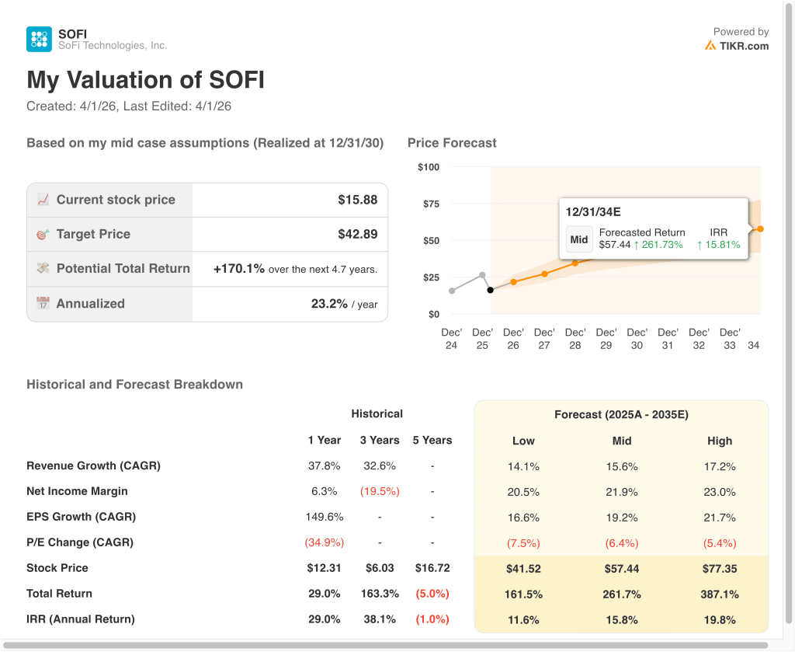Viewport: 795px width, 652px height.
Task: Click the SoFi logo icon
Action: [x=39, y=39]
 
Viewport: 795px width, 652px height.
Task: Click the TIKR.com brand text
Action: [x=744, y=46]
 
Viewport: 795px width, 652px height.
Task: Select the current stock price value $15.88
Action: [x=357, y=200]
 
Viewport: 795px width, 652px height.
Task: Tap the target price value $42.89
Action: [x=357, y=234]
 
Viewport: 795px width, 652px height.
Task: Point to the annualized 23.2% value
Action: [x=329, y=304]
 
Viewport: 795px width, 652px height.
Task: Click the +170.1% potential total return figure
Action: [x=239, y=269]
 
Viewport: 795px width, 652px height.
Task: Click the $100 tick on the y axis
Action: [x=428, y=167]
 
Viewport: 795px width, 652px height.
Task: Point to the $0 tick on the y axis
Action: [x=432, y=314]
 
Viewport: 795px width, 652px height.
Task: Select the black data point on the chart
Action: [x=490, y=290]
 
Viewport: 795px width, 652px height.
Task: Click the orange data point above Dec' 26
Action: [x=513, y=281]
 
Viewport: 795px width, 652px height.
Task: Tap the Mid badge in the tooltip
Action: [x=579, y=239]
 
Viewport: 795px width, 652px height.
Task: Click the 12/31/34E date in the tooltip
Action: [x=593, y=212]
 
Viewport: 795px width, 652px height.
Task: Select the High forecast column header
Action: [x=720, y=441]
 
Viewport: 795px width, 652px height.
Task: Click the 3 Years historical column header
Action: [x=380, y=440]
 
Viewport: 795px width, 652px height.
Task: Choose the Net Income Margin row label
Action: [x=77, y=491]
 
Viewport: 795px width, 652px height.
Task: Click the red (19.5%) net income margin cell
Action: [x=379, y=491]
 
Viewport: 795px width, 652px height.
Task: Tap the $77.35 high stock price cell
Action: [x=720, y=569]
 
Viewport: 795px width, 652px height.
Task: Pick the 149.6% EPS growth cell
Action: [x=325, y=517]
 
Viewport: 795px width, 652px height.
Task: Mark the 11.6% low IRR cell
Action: [x=523, y=619]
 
